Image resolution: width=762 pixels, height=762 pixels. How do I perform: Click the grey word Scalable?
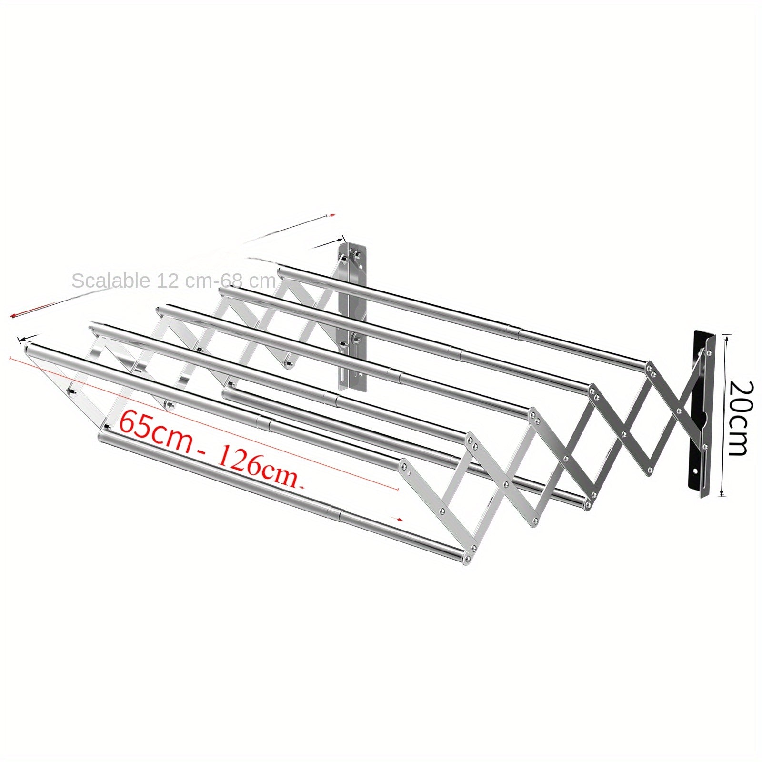point(110,281)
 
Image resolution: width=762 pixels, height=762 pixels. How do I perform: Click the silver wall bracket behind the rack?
point(353,314)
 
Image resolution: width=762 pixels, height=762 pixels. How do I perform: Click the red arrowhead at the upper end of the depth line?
point(333,215)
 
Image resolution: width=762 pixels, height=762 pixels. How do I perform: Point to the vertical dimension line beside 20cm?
point(723,414)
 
